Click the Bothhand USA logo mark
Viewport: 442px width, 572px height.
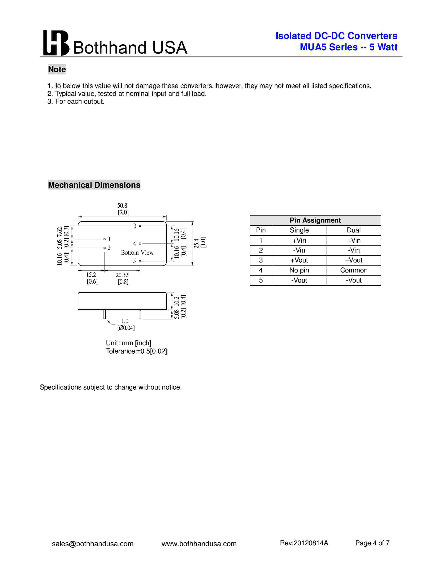click(x=56, y=43)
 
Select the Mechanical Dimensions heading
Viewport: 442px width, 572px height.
click(x=94, y=185)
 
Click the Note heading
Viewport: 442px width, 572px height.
click(x=57, y=69)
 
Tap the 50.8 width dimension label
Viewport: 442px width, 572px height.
click(x=122, y=206)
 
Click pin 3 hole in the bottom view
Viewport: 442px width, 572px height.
click(x=140, y=226)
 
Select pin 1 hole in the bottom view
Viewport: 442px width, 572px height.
click(x=105, y=239)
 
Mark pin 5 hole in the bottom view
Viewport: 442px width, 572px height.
click(x=140, y=261)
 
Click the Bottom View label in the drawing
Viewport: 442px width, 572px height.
click(x=137, y=253)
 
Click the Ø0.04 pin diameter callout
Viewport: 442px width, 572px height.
click(x=126, y=328)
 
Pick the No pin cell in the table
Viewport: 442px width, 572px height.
click(x=299, y=270)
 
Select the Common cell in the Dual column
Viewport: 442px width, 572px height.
click(x=353, y=270)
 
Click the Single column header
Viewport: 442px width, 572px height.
click(x=299, y=230)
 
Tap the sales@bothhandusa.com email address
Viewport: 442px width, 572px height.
click(x=93, y=544)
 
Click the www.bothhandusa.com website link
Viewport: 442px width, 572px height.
click(x=199, y=544)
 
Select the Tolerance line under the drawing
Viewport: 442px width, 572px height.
click(x=136, y=351)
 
